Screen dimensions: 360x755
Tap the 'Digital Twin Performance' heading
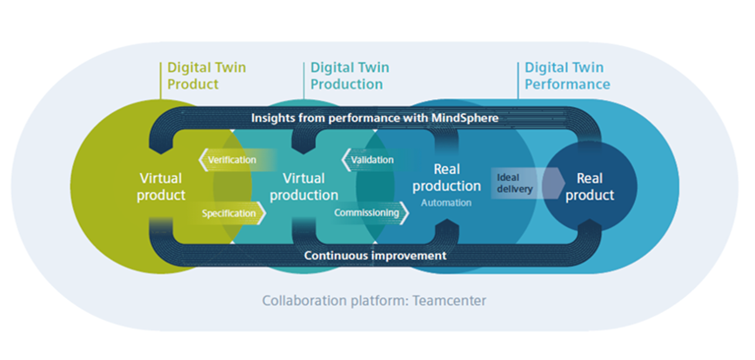tap(566, 75)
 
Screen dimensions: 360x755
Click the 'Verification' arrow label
tap(231, 160)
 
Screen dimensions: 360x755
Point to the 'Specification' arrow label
tap(230, 212)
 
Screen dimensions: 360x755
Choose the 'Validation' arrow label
tap(371, 160)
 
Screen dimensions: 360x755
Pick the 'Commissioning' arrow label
tap(371, 212)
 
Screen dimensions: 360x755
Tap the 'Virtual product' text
tap(161, 186)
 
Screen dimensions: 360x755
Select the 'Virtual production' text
tap(304, 187)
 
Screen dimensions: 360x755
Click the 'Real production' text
tap(446, 177)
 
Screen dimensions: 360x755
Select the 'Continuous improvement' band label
tap(375, 256)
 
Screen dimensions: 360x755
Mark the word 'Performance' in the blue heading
tap(566, 84)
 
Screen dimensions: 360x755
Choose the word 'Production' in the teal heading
tap(346, 84)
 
